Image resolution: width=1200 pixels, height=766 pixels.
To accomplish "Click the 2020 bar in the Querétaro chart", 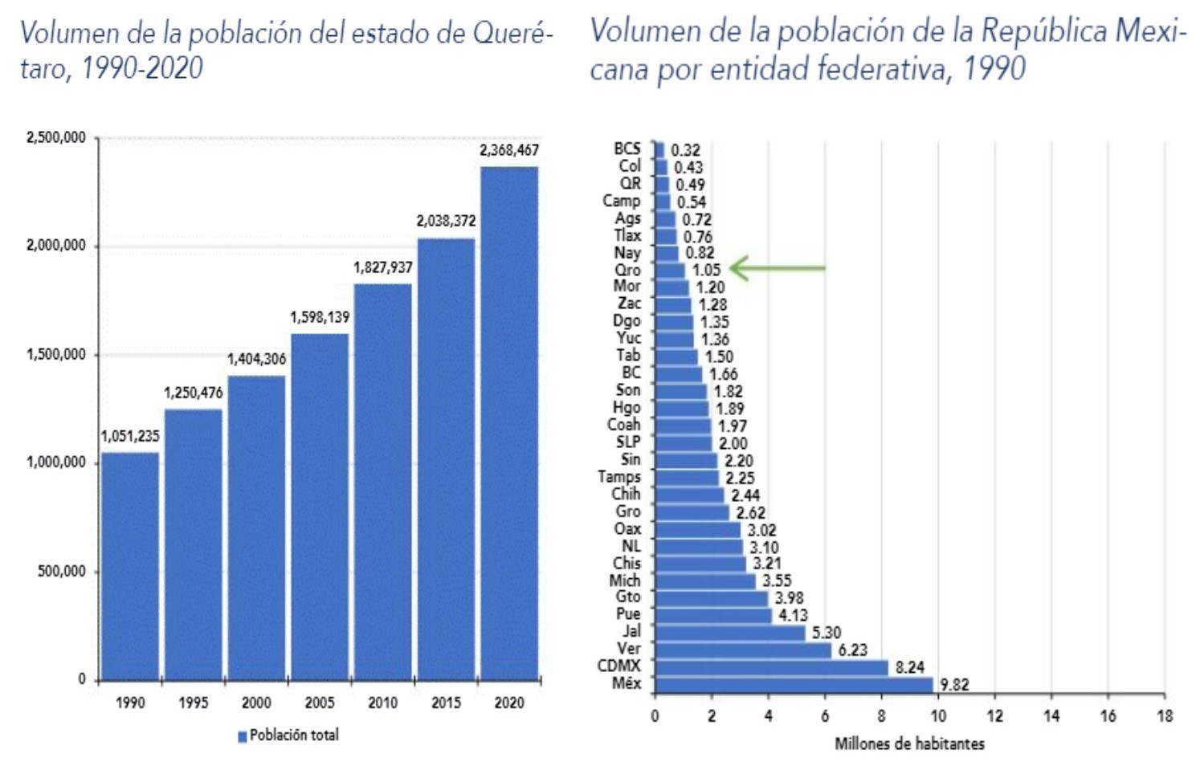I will (509, 423).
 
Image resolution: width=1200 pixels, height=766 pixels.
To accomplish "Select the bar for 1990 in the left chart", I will (130, 566).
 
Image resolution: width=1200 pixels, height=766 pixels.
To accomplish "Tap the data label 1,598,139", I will (320, 317).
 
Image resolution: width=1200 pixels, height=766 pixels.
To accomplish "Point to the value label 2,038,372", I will (446, 221).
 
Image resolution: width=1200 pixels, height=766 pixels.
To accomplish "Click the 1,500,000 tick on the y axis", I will (55, 355).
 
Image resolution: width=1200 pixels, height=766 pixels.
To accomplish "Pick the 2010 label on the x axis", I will (382, 703).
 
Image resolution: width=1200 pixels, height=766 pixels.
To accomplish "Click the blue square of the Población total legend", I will (243, 736).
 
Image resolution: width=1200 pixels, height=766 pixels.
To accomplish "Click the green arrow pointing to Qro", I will (777, 268).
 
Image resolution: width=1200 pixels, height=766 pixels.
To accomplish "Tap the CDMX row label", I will (618, 666).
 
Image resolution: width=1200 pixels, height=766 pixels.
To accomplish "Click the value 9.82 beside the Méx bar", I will (954, 685).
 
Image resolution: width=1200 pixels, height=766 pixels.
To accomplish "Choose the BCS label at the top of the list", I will (627, 149).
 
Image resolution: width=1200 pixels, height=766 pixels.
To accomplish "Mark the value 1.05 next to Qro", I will (707, 271).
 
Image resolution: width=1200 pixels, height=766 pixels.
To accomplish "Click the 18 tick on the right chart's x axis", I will (1164, 715).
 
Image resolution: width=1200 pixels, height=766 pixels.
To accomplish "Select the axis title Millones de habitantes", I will (909, 744).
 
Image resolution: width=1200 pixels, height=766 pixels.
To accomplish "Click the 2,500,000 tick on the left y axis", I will (55, 138).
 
